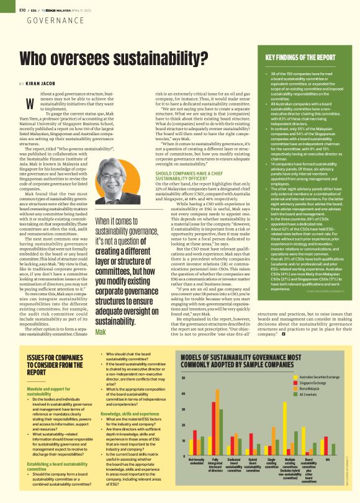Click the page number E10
pos(22,10)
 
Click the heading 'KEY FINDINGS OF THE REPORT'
pos(301,58)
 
